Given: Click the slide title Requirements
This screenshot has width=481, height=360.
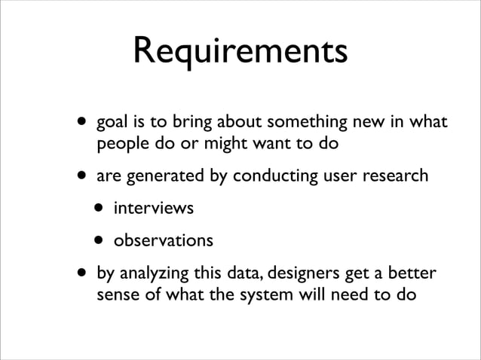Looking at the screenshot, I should pyautogui.click(x=240, y=52).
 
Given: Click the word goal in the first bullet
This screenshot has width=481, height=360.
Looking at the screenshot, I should pyautogui.click(x=111, y=123).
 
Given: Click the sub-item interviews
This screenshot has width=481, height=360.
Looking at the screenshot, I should pyautogui.click(x=153, y=208).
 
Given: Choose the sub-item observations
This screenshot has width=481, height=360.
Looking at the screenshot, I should pyautogui.click(x=163, y=241).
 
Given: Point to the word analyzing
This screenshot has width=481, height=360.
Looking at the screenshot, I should pyautogui.click(x=154, y=273).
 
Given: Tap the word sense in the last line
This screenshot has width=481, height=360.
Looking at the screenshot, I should pyautogui.click(x=115, y=294).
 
